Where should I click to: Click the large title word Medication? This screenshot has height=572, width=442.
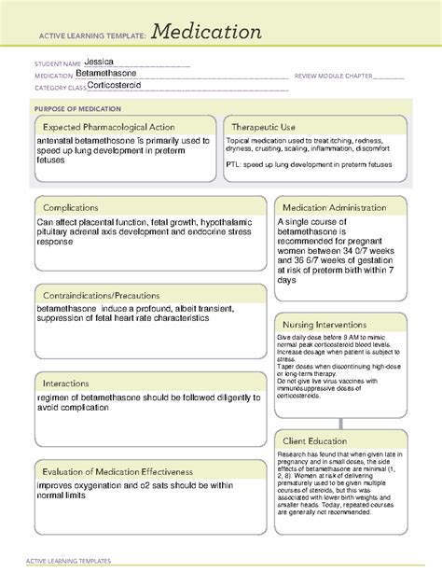[206, 32]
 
